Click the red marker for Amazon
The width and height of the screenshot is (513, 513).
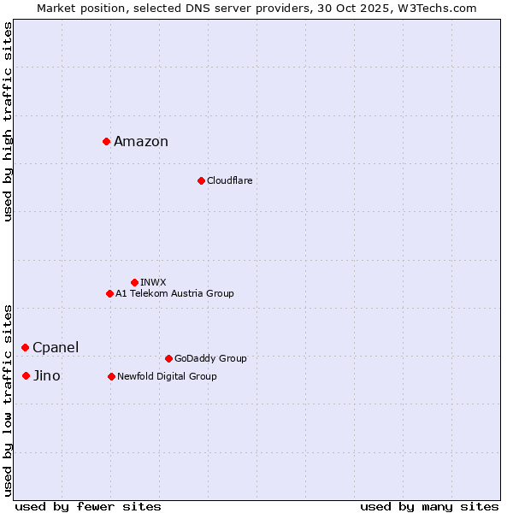106,141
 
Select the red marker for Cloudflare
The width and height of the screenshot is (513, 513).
201,180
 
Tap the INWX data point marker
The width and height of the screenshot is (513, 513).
134,282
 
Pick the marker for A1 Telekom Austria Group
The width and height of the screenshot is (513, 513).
109,293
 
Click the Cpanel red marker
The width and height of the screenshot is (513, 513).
26,347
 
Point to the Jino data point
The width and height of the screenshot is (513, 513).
27,375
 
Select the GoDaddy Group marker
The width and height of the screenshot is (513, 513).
168,358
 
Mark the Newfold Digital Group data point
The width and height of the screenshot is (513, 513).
111,376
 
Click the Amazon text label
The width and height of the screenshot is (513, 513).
141,142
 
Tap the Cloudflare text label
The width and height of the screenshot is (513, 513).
229,181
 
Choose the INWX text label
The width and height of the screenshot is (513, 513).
153,282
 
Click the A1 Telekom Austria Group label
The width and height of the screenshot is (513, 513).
174,294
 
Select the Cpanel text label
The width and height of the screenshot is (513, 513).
56,348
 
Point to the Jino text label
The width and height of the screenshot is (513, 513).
47,376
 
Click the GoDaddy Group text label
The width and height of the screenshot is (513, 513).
210,359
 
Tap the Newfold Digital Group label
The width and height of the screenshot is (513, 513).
167,377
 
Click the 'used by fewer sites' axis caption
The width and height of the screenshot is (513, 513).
88,506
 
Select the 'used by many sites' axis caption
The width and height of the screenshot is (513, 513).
429,506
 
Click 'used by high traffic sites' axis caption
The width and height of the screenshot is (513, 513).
8,121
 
